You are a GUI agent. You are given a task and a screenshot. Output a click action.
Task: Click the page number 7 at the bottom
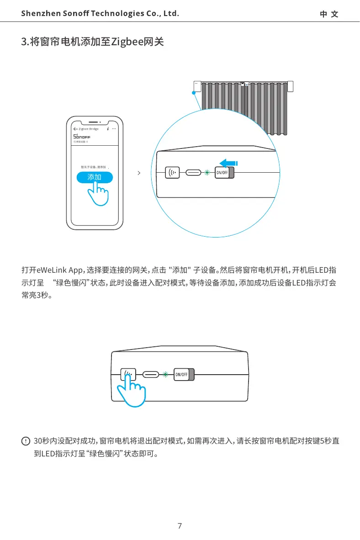point(180,526)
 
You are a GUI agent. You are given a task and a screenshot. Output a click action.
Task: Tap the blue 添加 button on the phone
point(95,177)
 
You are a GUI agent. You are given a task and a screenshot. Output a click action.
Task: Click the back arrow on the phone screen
point(75,129)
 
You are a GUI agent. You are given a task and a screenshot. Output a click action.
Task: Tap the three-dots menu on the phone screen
point(114,129)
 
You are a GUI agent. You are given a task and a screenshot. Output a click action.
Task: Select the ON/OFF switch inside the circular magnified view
point(224,173)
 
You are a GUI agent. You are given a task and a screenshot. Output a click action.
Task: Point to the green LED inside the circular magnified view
point(207,173)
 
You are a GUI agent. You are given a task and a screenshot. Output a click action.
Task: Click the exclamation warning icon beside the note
point(26,441)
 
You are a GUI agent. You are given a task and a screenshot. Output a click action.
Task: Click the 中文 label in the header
point(329,14)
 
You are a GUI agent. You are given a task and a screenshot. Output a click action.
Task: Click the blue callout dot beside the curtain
point(194,93)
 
